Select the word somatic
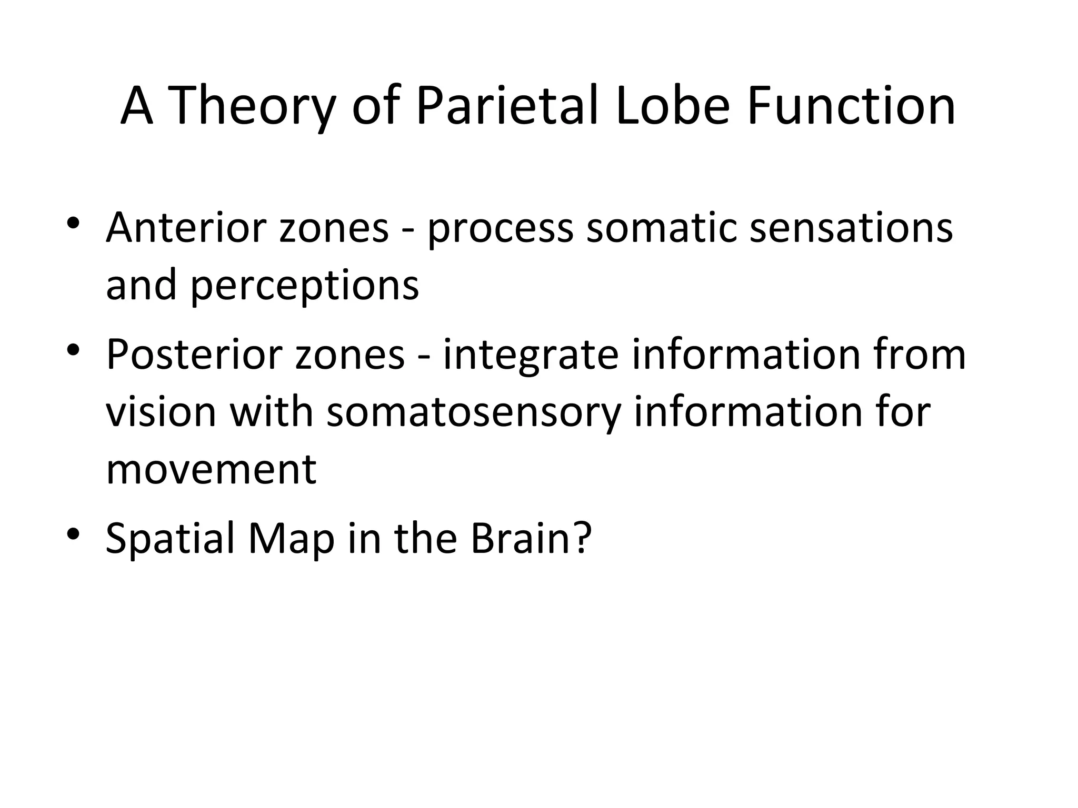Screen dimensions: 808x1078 tap(661, 228)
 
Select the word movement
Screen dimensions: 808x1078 tap(211, 469)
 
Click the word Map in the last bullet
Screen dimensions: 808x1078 tap(291, 540)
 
